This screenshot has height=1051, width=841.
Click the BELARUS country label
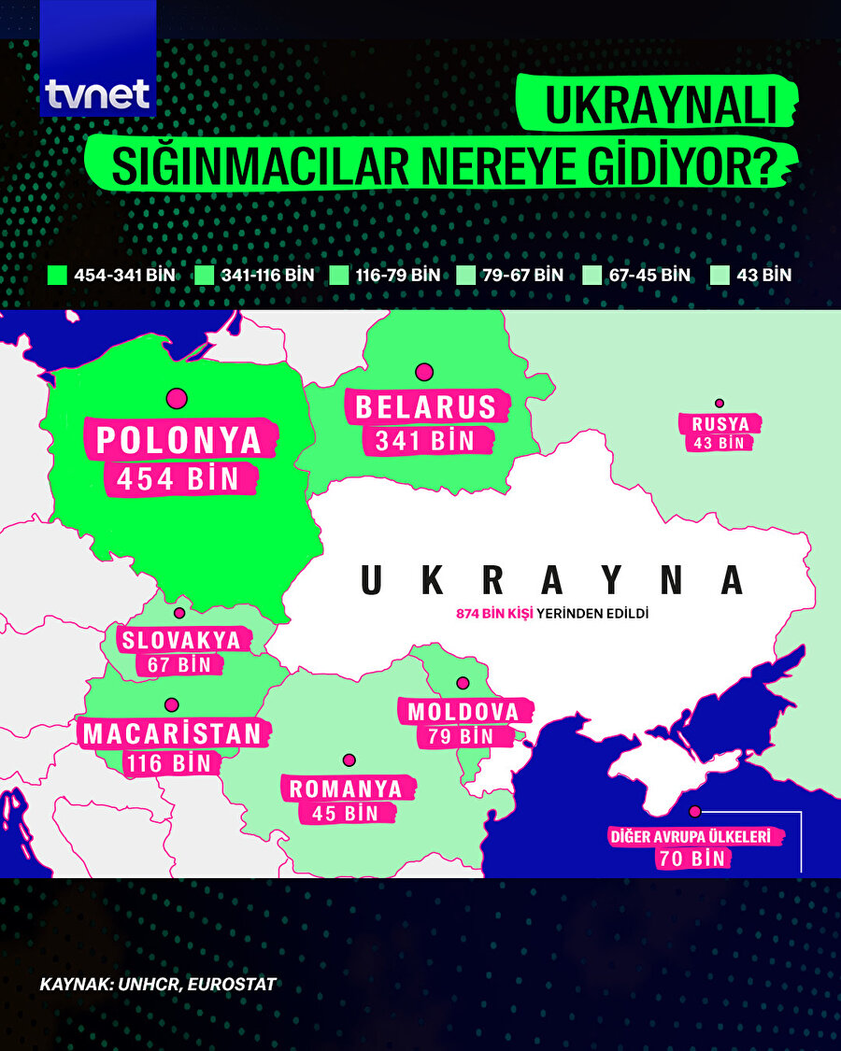425,407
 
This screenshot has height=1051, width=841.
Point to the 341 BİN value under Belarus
425,440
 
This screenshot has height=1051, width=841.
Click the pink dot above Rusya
720,404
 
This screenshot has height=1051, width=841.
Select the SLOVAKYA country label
180,641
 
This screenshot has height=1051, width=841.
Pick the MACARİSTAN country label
173,733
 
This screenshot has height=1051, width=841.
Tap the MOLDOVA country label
463,712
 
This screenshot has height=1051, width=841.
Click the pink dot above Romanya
349,760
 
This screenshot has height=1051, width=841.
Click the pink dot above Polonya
177,399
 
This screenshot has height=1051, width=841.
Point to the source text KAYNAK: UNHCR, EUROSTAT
158,985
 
